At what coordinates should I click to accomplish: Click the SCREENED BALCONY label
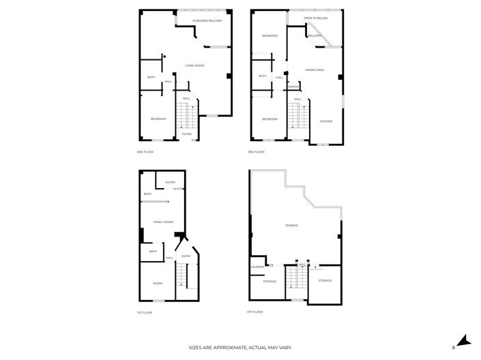tap(207, 21)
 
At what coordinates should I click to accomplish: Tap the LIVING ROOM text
tap(194, 65)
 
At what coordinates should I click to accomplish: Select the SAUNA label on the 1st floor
tap(170, 183)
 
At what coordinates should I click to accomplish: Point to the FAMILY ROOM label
tap(163, 222)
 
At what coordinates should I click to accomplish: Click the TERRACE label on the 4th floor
tap(291, 225)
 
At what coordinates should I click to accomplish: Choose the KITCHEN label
tap(326, 121)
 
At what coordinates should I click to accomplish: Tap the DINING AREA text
tap(315, 70)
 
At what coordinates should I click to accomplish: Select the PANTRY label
tap(293, 87)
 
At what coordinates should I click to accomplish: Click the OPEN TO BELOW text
tap(316, 18)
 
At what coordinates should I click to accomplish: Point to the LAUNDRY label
tap(257, 267)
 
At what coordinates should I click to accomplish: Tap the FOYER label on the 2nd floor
tap(186, 134)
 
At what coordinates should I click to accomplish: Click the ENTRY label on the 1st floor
tap(186, 256)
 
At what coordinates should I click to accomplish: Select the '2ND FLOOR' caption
tap(145, 151)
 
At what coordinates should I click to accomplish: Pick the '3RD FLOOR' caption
tap(256, 151)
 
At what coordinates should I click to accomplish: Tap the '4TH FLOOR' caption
tap(254, 312)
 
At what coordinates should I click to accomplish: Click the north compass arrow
tap(462, 340)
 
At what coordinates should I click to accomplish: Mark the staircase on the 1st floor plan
tap(182, 277)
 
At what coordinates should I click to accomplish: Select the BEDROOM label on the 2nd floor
tap(158, 119)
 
